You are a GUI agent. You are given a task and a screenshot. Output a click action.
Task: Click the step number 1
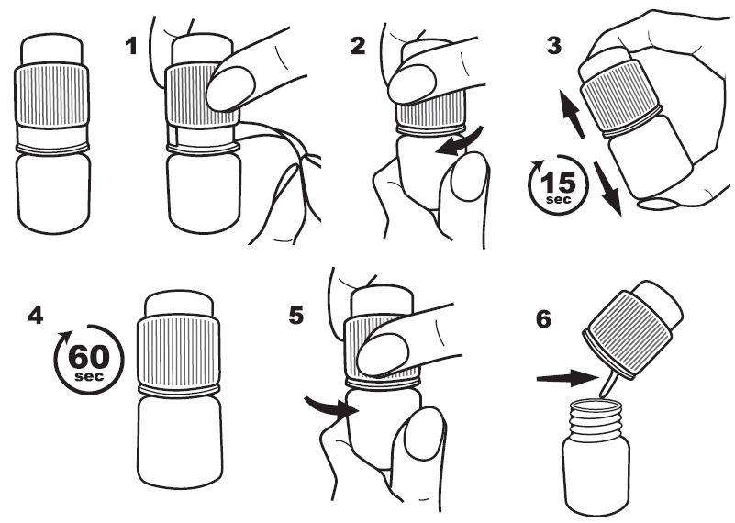[131, 47]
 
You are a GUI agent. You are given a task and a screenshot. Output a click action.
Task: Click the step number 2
[358, 47]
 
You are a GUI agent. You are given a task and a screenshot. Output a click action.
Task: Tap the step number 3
[554, 47]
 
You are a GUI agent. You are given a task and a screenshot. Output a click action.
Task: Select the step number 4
[35, 316]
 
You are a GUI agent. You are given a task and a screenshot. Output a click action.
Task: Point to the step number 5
[296, 316]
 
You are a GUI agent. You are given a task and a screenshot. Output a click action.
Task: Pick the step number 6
[543, 319]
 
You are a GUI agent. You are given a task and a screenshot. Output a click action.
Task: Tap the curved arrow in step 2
[460, 143]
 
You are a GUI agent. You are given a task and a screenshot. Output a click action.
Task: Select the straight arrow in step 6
[568, 377]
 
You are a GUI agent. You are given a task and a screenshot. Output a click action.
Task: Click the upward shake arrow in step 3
[573, 114]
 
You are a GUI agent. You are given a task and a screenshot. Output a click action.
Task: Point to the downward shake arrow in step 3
[608, 187]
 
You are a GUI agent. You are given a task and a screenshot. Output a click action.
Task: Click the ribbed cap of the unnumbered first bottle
[51, 95]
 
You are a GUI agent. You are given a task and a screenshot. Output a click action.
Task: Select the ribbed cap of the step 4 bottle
[179, 351]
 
